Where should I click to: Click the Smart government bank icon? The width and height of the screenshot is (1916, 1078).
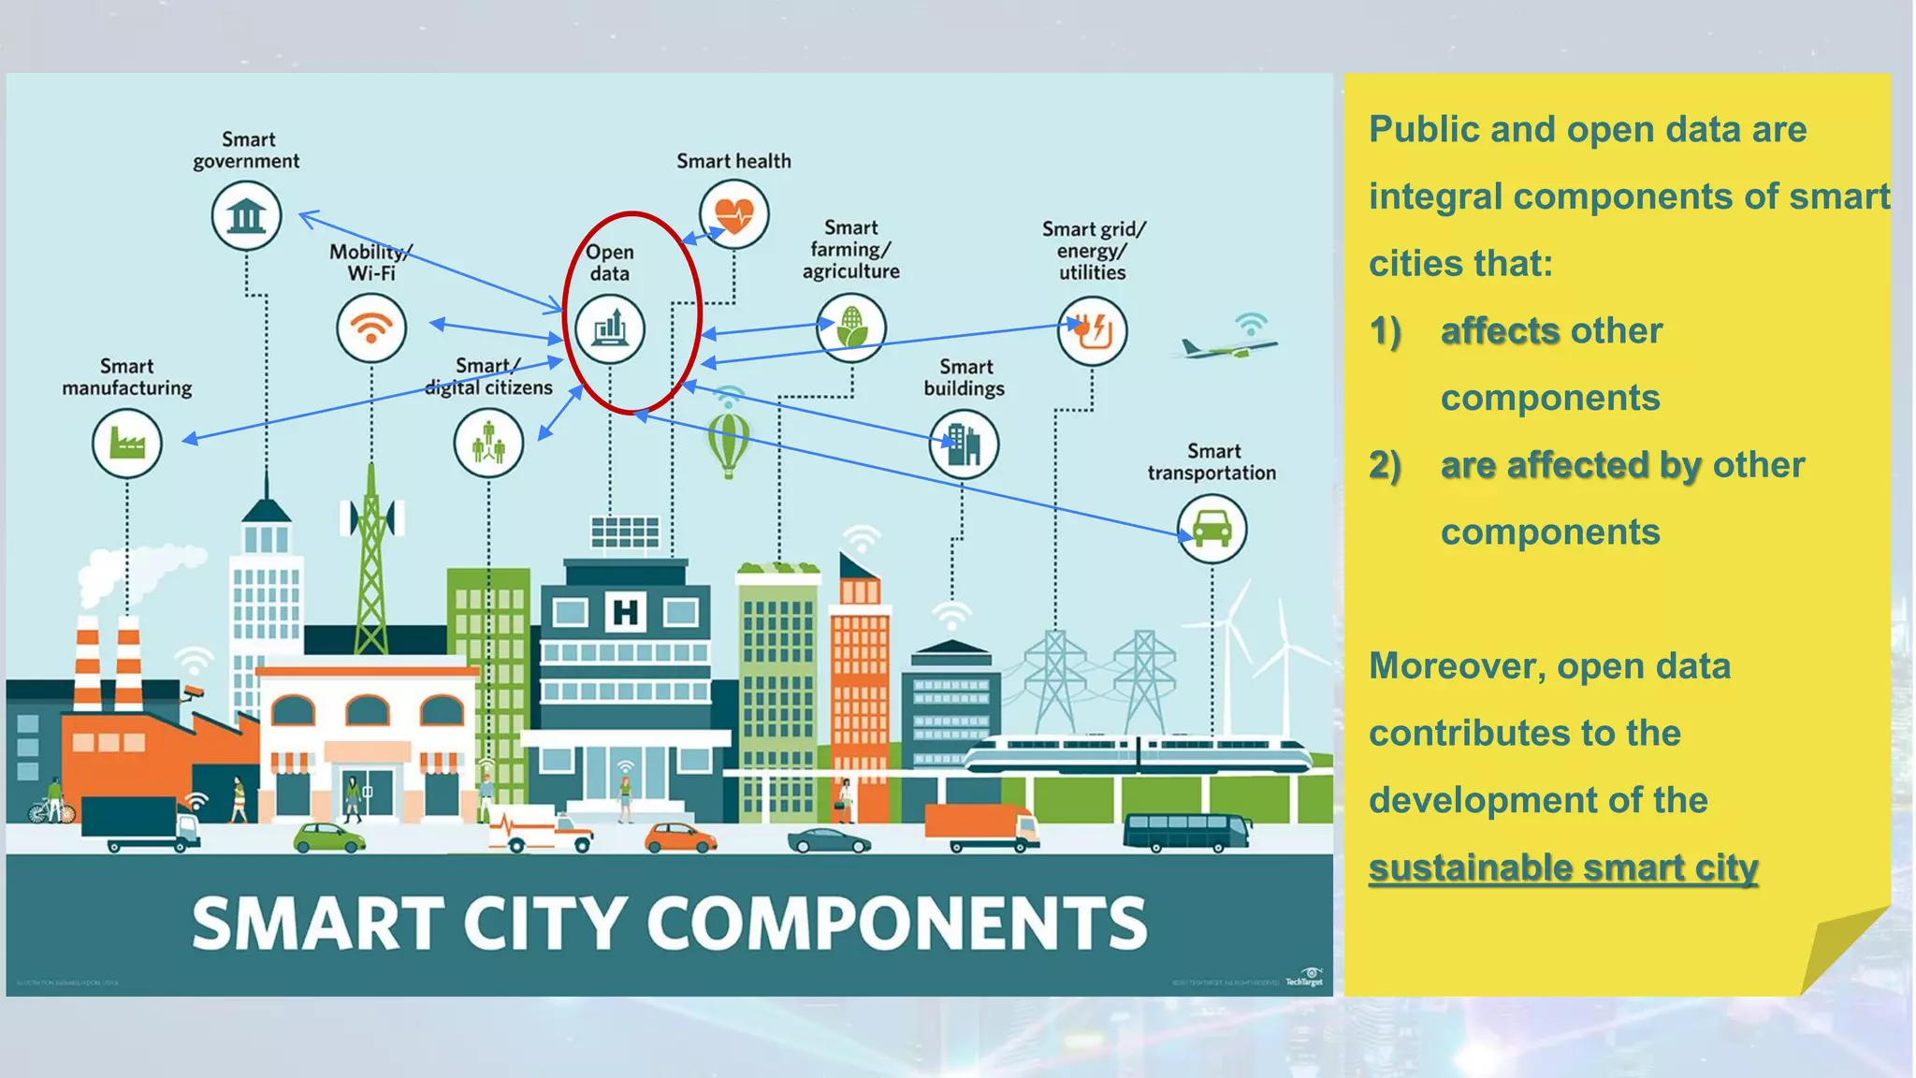246,216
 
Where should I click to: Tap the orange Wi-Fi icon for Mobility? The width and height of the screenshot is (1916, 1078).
371,328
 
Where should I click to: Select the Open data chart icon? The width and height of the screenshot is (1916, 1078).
609,328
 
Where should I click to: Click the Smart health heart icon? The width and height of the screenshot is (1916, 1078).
734,215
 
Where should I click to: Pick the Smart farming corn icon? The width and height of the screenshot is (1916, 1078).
850,328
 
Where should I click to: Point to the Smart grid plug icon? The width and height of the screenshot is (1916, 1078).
1092,330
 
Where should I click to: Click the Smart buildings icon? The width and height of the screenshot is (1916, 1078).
964,444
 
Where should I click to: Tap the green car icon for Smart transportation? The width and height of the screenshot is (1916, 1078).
1212,529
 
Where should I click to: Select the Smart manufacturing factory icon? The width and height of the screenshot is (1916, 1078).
127,444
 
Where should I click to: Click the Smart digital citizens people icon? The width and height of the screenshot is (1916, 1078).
488,444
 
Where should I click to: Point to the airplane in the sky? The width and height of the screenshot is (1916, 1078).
1227,349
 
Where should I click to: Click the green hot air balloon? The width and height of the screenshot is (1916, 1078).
729,444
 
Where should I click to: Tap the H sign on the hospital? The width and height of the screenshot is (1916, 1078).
625,613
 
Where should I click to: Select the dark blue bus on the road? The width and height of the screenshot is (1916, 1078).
1186,831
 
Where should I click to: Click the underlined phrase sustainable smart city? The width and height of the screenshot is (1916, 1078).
1562,867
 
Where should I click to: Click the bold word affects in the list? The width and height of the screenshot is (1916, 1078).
1500,331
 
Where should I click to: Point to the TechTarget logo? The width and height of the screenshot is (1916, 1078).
1304,978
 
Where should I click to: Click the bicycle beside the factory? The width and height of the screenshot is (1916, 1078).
51,810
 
